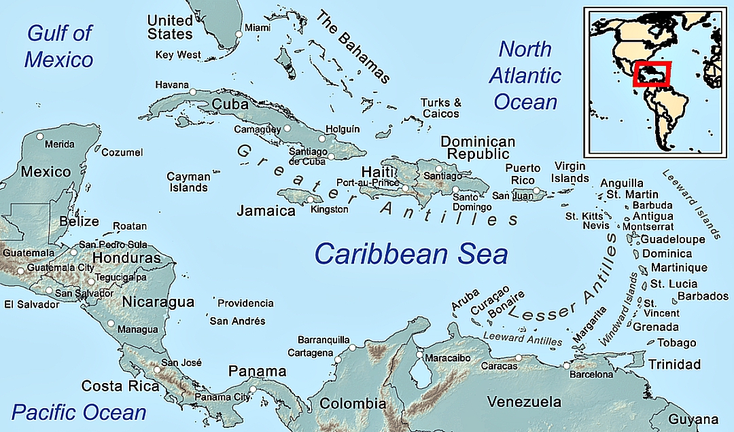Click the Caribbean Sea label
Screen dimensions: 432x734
click(410, 254)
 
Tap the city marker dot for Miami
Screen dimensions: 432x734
click(239, 34)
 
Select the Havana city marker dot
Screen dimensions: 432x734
click(193, 92)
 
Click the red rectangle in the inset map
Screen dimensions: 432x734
click(652, 74)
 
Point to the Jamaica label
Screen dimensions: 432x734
click(266, 211)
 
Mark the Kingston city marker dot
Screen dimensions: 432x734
click(311, 200)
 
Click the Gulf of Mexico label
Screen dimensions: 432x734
click(58, 46)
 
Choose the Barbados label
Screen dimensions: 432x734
click(703, 296)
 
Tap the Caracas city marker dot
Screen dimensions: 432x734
click(519, 357)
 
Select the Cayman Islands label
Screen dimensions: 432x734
click(188, 182)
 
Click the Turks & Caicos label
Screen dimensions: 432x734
click(440, 108)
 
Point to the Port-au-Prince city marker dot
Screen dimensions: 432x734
click(406, 188)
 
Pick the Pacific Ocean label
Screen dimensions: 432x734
click(79, 412)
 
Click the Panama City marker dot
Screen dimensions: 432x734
click(253, 390)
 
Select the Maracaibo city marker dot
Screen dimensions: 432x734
click(419, 355)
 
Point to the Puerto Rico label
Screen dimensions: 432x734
click(523, 174)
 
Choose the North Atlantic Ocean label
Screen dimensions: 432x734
click(525, 75)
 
